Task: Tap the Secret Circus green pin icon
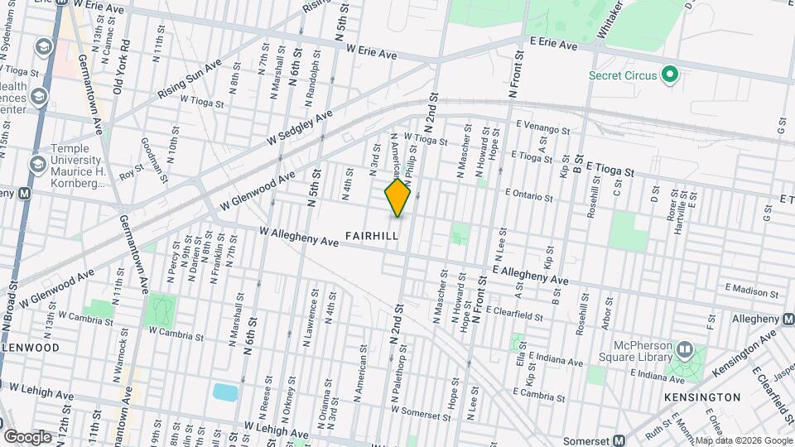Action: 671,75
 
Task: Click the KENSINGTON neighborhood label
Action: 702,397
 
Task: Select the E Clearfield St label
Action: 514,313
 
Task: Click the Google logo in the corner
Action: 27,436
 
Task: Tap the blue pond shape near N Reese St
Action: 224,392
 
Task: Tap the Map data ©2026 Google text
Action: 743,440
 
